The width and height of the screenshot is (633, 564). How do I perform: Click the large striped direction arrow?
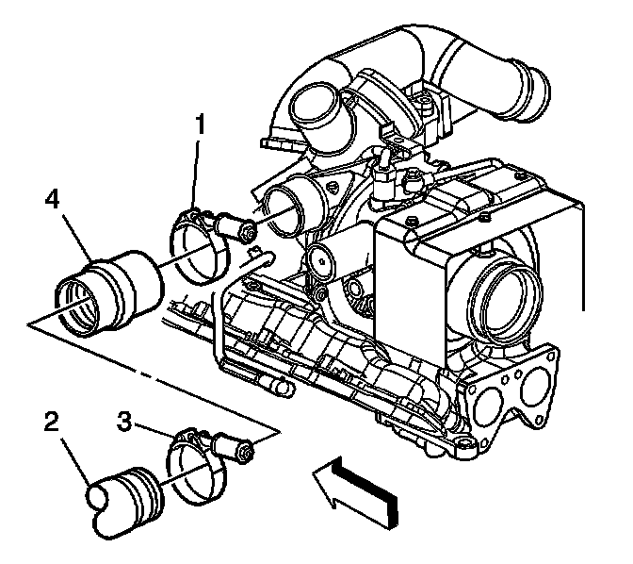(x=358, y=486)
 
